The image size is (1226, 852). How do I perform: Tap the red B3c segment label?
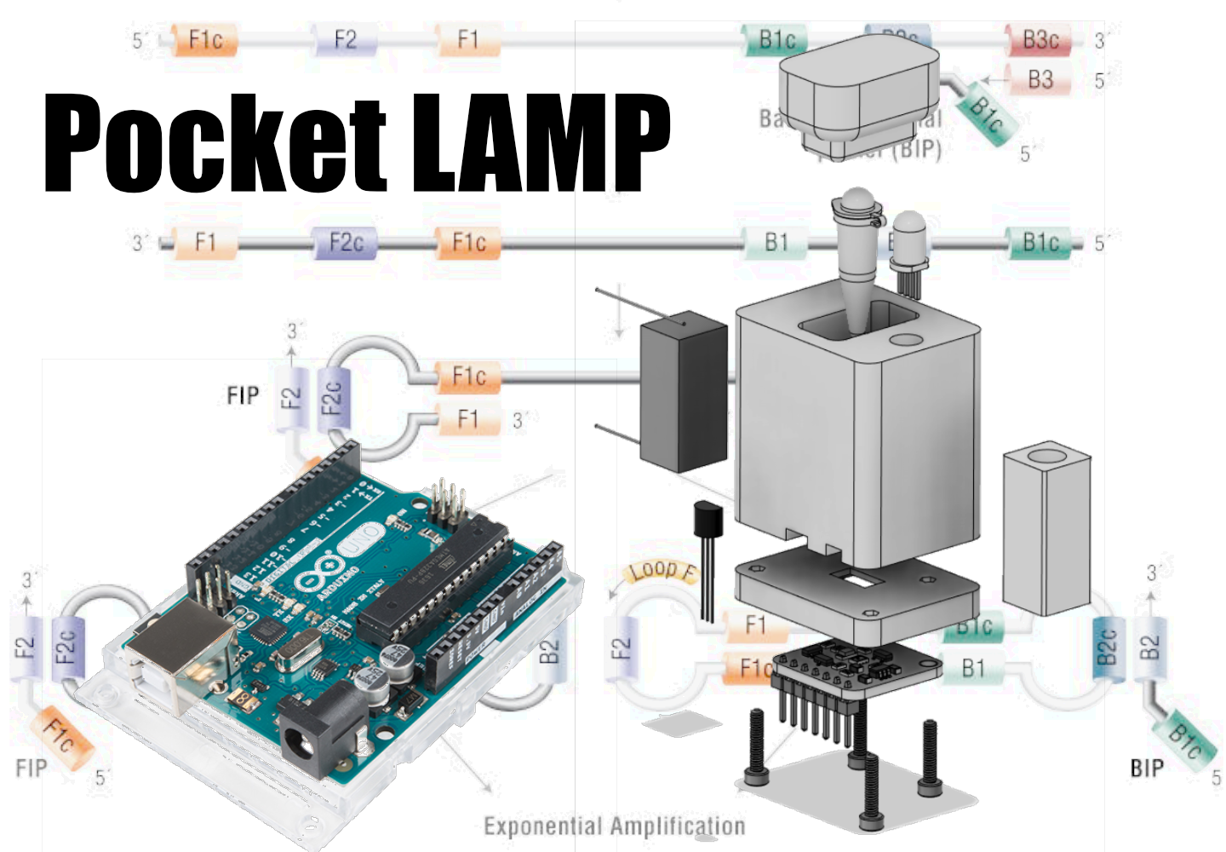click(x=1040, y=40)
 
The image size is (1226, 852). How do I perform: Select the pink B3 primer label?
click(x=1040, y=80)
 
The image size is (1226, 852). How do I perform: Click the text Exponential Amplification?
click(x=614, y=826)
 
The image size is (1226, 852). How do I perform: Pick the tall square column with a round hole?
click(x=1046, y=528)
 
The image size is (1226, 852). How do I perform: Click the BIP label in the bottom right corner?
click(x=1146, y=769)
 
